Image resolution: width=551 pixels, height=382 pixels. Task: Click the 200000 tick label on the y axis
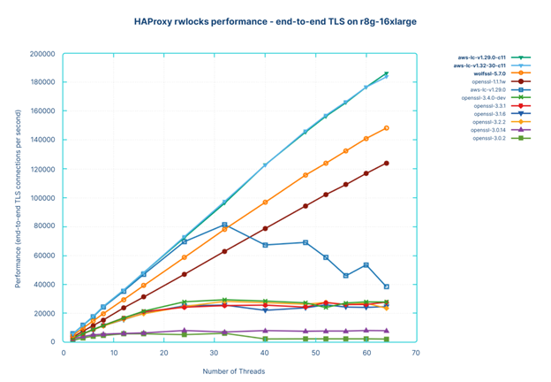[x=42, y=54]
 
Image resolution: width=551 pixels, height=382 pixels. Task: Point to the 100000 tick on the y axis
[x=42, y=198]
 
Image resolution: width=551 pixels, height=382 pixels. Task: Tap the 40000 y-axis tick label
[x=44, y=285]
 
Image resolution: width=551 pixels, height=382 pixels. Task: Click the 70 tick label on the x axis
[x=416, y=352]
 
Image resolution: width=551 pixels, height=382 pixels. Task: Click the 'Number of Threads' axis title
[x=239, y=370]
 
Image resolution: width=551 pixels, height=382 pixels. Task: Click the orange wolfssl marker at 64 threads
[x=386, y=128]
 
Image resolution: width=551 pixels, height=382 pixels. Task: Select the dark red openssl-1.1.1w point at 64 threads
[x=386, y=163]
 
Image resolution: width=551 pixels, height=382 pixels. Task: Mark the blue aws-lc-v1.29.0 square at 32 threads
[x=224, y=225]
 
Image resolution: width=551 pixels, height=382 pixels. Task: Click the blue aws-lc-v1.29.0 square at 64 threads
[x=386, y=286]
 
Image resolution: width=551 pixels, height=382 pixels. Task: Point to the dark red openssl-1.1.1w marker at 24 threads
[x=184, y=274]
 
